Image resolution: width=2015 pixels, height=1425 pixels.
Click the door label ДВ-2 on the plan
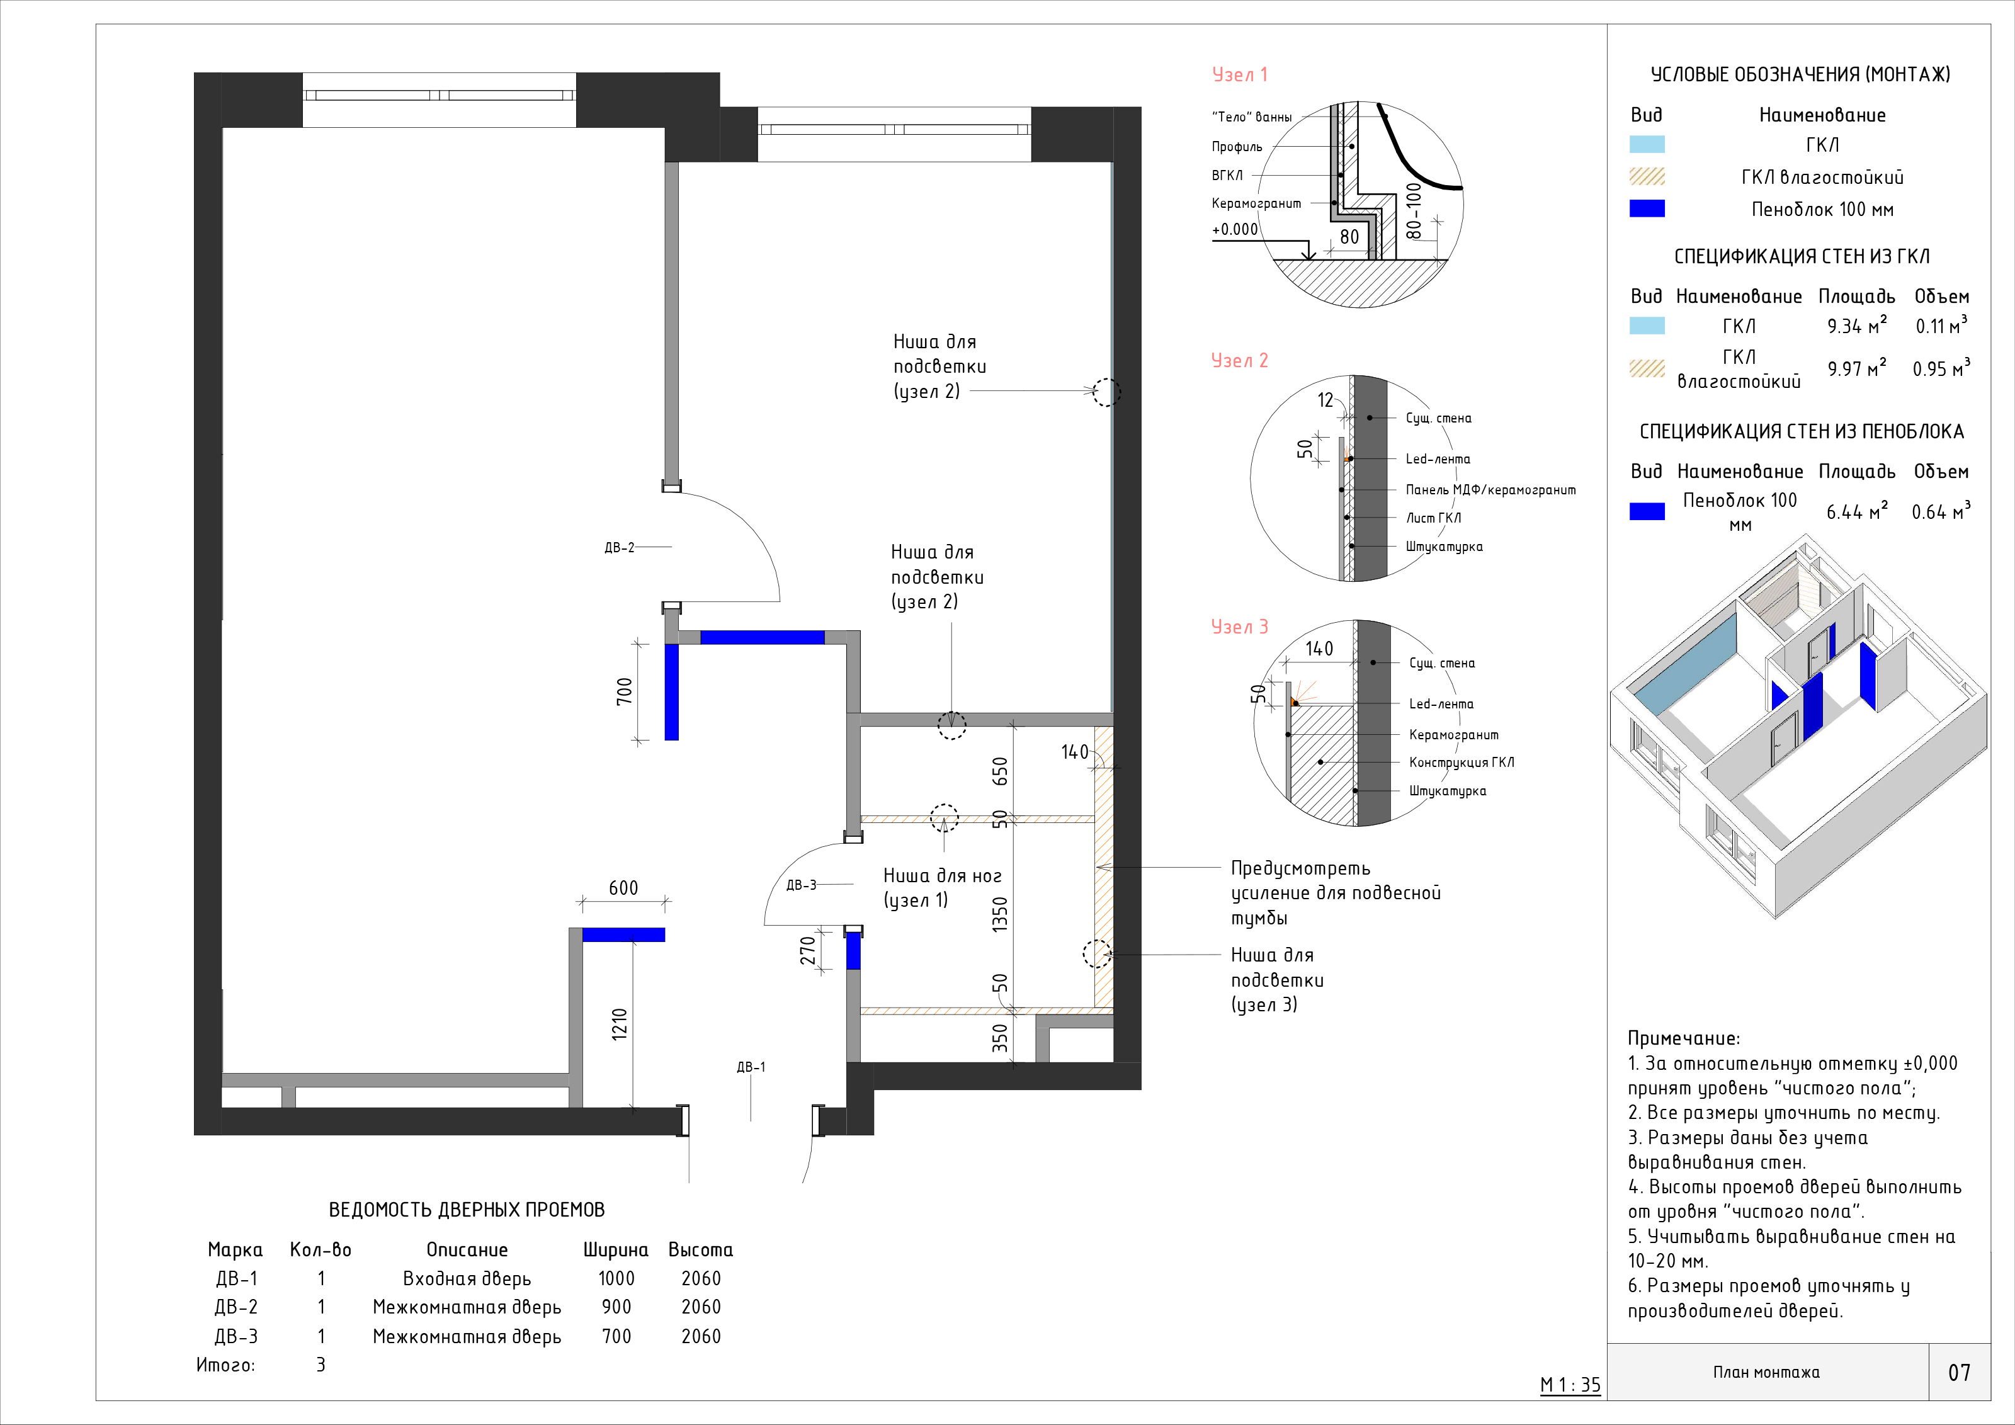point(619,548)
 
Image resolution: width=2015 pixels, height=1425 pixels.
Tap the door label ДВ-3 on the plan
point(801,885)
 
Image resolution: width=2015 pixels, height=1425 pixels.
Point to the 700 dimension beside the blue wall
point(624,691)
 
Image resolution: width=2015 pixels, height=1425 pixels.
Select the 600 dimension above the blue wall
point(623,888)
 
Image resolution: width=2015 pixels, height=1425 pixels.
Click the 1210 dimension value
point(620,1024)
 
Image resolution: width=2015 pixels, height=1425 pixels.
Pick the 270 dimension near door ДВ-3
point(807,950)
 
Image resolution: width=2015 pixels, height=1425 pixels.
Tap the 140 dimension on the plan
point(1074,752)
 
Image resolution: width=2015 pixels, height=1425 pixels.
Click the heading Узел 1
point(1239,74)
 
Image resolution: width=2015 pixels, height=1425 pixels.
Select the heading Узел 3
point(1239,627)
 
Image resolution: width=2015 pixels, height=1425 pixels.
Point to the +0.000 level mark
point(1235,229)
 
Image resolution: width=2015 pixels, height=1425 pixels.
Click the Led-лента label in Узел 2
point(1438,459)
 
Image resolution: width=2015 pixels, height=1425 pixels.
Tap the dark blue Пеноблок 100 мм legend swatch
point(1647,209)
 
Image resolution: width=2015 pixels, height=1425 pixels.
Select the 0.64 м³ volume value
point(1941,511)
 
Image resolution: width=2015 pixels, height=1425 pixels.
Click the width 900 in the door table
point(616,1307)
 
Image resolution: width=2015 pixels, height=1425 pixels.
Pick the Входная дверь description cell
point(467,1278)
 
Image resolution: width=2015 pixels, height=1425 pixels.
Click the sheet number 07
point(1959,1372)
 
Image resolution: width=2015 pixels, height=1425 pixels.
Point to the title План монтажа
point(1766,1371)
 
